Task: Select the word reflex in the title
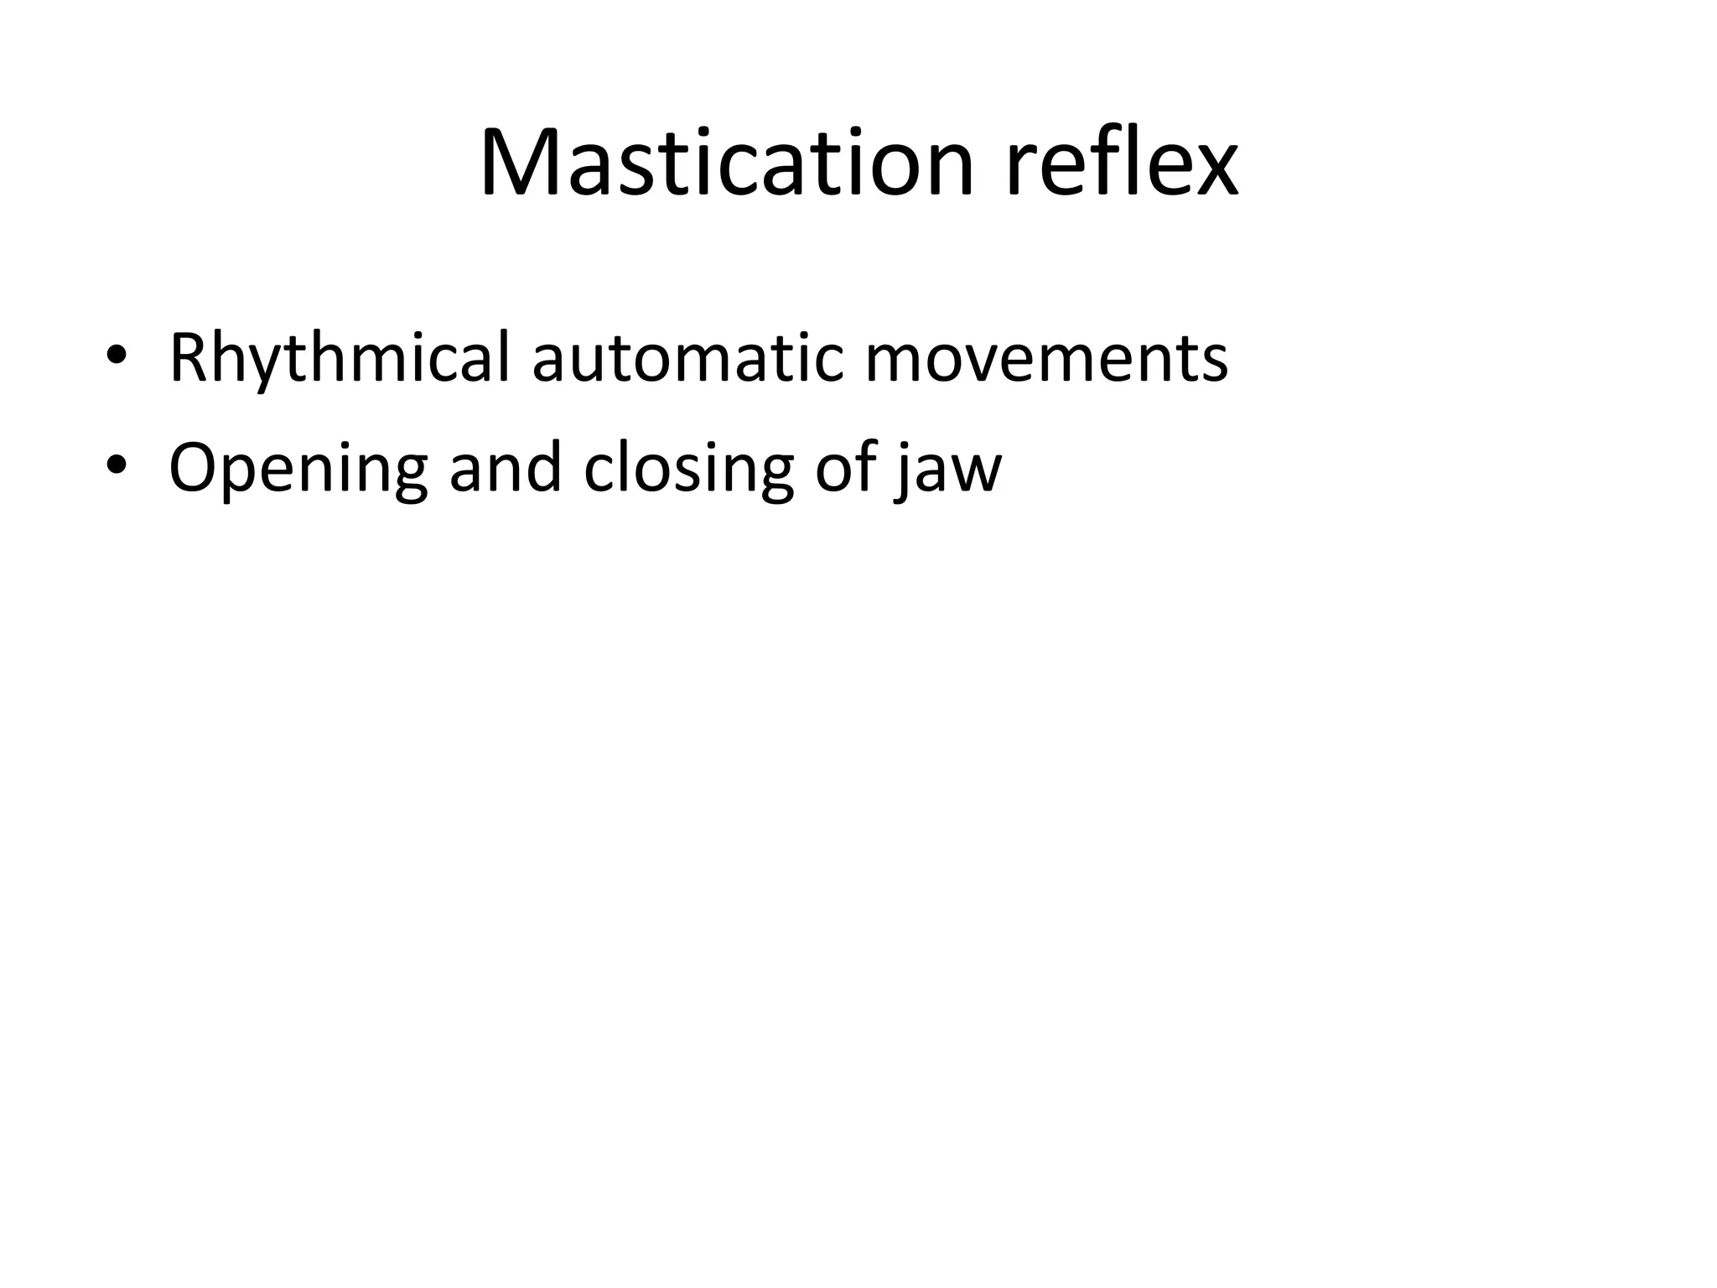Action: (1121, 163)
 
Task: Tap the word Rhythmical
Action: (339, 358)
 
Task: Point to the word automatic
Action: (687, 358)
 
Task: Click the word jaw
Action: (948, 470)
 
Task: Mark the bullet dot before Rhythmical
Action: (117, 356)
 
